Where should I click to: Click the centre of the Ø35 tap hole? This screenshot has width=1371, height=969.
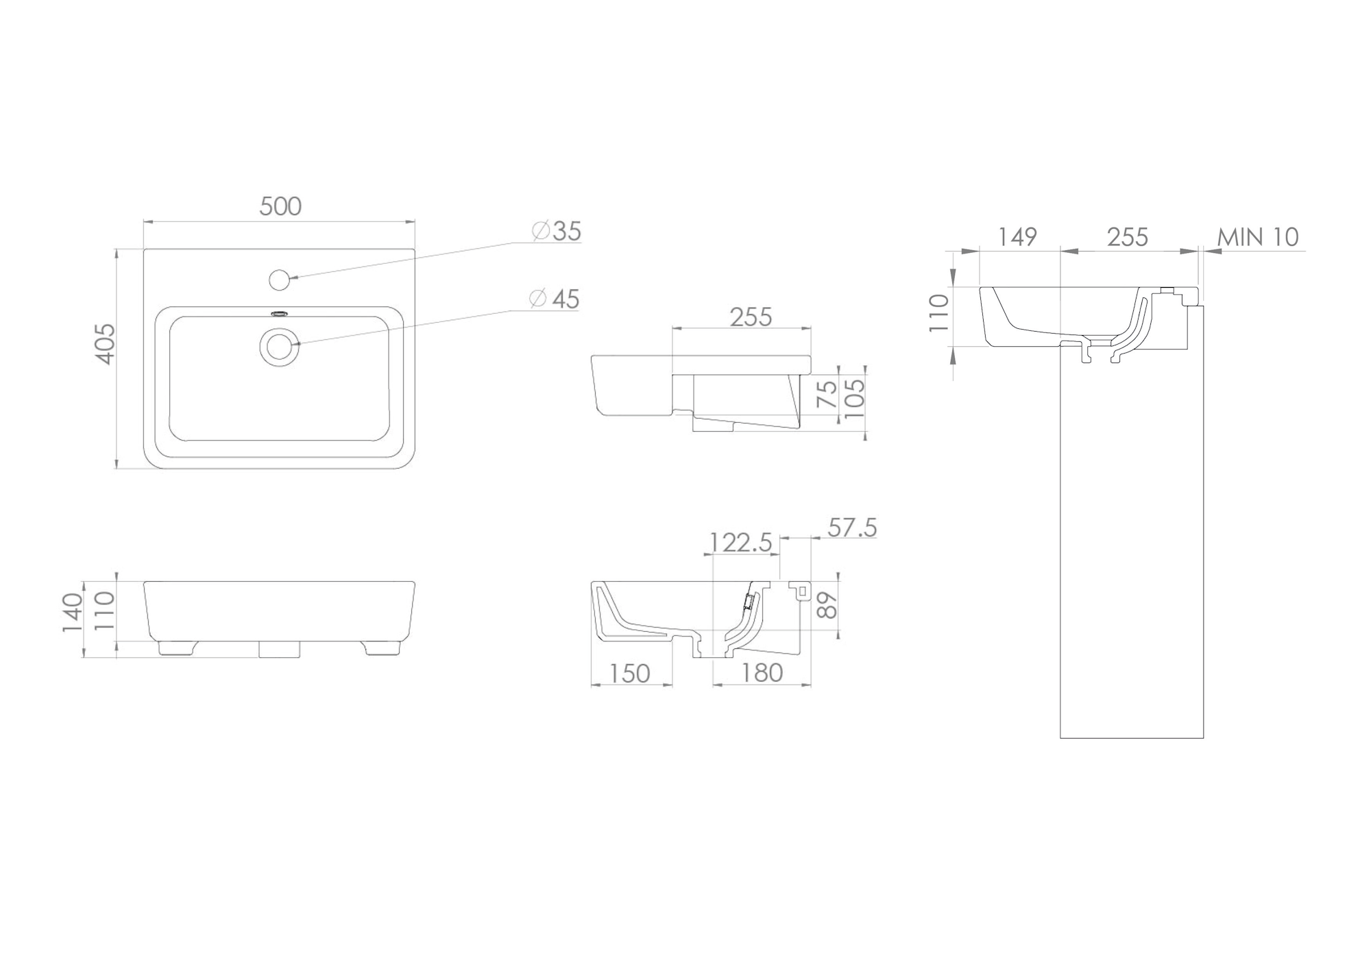(x=279, y=280)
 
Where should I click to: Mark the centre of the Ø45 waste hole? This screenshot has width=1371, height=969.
(x=279, y=346)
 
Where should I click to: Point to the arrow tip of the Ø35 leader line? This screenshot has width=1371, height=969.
(x=291, y=278)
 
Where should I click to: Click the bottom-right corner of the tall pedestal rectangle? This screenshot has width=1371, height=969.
(x=1204, y=738)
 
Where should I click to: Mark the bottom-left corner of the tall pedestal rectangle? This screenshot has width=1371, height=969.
(x=1060, y=738)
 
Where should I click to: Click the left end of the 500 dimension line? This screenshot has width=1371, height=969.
(x=143, y=221)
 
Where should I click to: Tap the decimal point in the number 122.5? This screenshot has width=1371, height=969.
(x=754, y=550)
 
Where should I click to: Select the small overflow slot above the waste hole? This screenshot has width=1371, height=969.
(x=280, y=314)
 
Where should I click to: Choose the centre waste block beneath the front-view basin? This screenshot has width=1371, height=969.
(x=280, y=650)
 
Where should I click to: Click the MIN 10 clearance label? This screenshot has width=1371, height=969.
(x=1258, y=237)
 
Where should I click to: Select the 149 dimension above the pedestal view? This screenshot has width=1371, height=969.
(x=1017, y=237)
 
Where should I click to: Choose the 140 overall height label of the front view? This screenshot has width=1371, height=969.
(x=73, y=613)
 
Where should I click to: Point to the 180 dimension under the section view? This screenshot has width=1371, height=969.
(x=762, y=673)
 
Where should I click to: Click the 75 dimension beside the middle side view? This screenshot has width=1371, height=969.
(x=829, y=394)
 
